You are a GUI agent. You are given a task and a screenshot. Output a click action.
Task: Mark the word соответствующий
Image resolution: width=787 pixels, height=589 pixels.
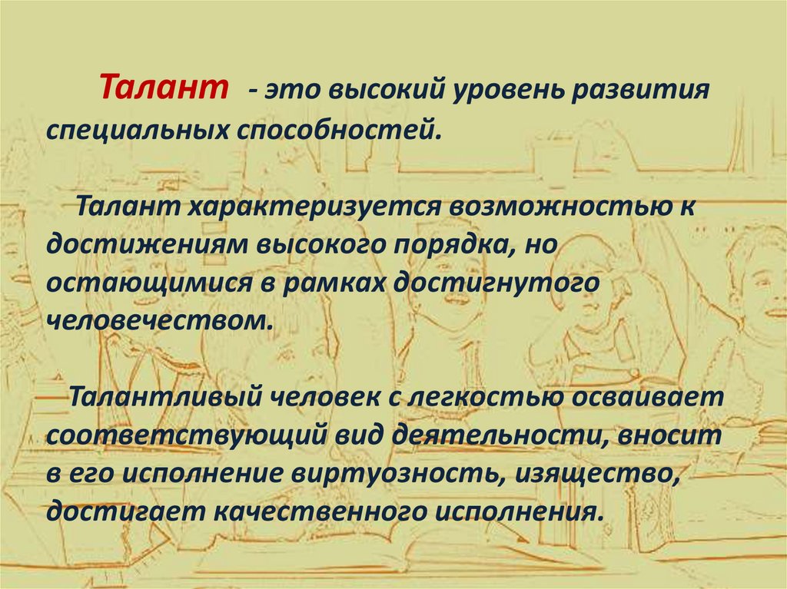(x=184, y=437)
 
